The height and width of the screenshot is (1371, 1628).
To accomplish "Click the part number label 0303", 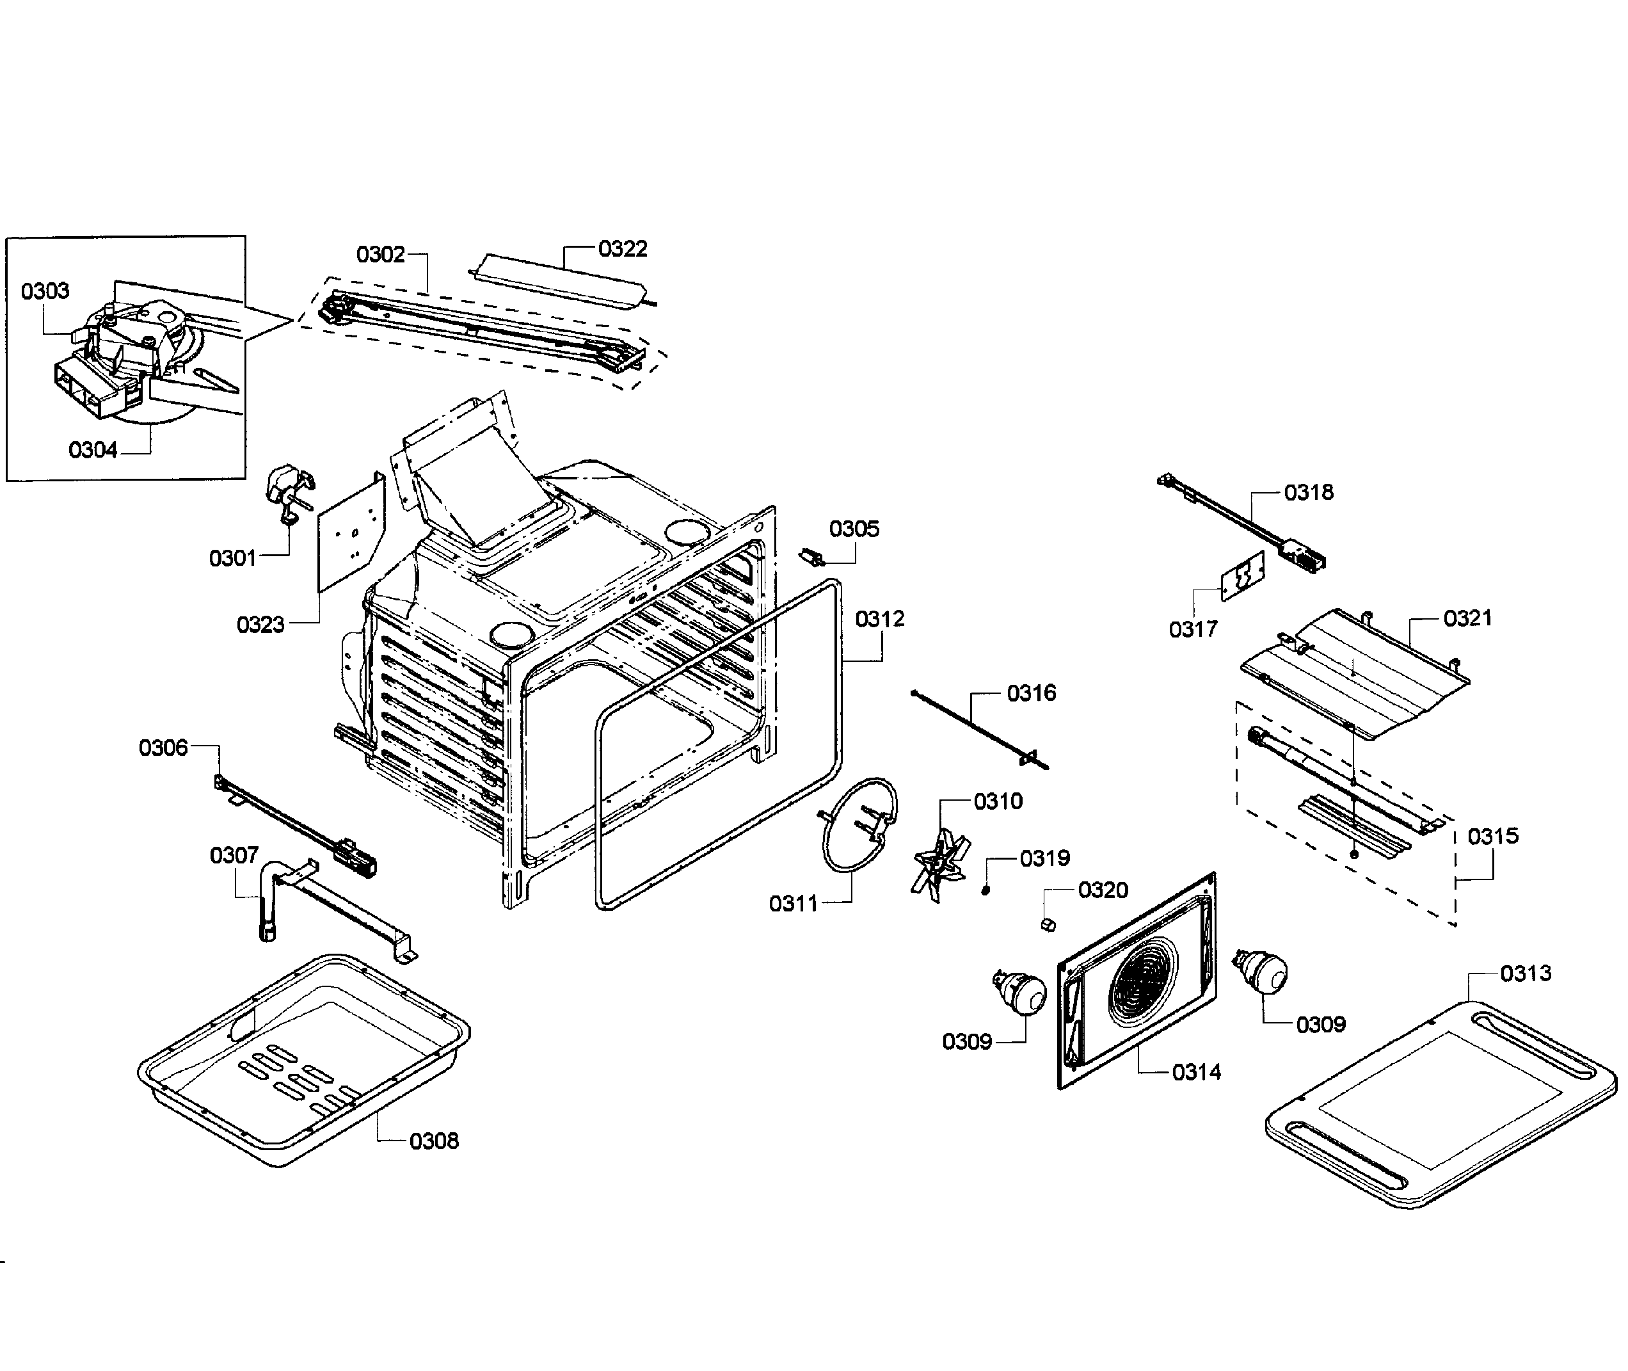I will pos(45,291).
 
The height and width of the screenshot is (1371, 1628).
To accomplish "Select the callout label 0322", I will pos(623,249).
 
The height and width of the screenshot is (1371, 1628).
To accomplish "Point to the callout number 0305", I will pos(854,529).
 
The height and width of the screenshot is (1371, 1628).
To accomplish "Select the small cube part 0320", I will pos(1048,924).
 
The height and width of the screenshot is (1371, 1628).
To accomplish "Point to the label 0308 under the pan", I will pos(434,1142).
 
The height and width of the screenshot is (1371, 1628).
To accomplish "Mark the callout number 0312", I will pos(880,620).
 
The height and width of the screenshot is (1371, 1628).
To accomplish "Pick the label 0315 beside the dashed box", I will pos(1493,837).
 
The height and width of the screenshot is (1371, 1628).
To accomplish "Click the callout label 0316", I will pos(1031,693).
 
